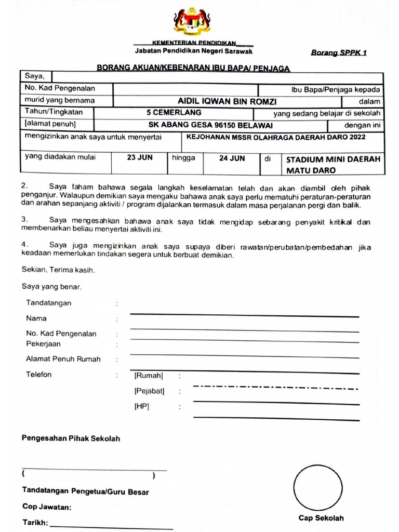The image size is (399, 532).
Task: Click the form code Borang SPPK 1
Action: pyautogui.click(x=338, y=53)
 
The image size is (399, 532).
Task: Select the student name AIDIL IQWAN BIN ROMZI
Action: pyautogui.click(x=227, y=101)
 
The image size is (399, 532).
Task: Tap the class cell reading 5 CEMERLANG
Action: pyautogui.click(x=174, y=113)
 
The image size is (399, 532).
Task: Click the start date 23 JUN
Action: pyautogui.click(x=139, y=158)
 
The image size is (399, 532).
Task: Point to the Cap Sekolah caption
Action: pyautogui.click(x=321, y=518)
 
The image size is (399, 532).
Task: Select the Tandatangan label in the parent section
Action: pyautogui.click(x=49, y=303)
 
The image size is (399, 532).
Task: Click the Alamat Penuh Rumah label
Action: pyautogui.click(x=63, y=359)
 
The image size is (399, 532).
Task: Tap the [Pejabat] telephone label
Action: pyautogui.click(x=149, y=391)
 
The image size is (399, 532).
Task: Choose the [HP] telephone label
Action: pyautogui.click(x=141, y=406)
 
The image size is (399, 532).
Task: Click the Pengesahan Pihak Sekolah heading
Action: pyautogui.click(x=71, y=438)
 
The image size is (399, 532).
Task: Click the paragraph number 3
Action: pyautogui.click(x=24, y=219)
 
